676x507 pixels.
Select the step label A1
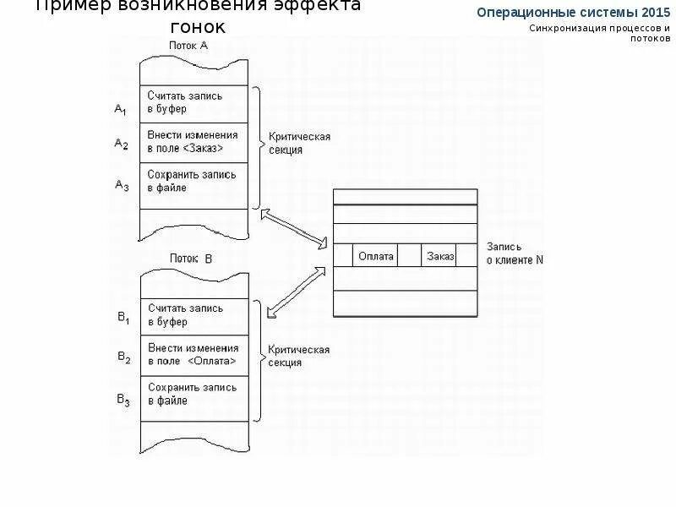tap(121, 110)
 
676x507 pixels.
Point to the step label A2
tap(121, 144)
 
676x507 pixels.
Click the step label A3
tap(121, 184)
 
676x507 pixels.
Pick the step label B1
tap(123, 318)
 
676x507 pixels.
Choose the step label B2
tap(123, 357)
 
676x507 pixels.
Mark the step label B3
tap(123, 399)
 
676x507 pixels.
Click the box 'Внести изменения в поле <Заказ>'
tap(195, 142)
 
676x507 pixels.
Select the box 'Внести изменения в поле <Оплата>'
tap(195, 355)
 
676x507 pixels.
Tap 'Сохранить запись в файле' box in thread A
tap(195, 182)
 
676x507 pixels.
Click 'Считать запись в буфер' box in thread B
tap(195, 315)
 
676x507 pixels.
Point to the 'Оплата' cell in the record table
tap(376, 256)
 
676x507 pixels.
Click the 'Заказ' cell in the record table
tap(440, 256)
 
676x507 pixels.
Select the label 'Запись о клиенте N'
tap(515, 253)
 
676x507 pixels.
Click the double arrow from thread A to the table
tap(294, 228)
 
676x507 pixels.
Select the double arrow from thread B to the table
tap(297, 292)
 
